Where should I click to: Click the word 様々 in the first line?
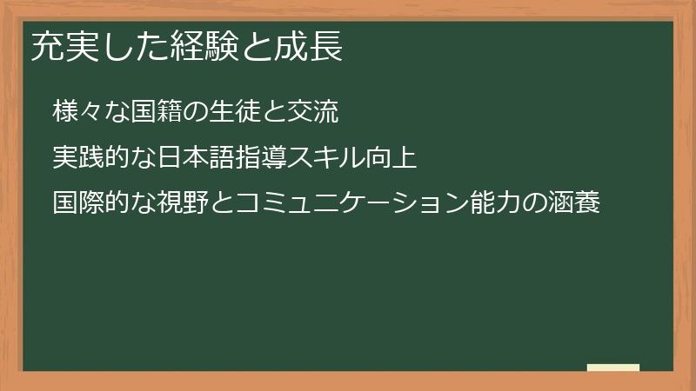click(x=77, y=112)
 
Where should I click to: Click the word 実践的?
click(x=89, y=158)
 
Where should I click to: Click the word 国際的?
click(x=89, y=204)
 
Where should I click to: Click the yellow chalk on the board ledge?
click(x=613, y=368)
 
